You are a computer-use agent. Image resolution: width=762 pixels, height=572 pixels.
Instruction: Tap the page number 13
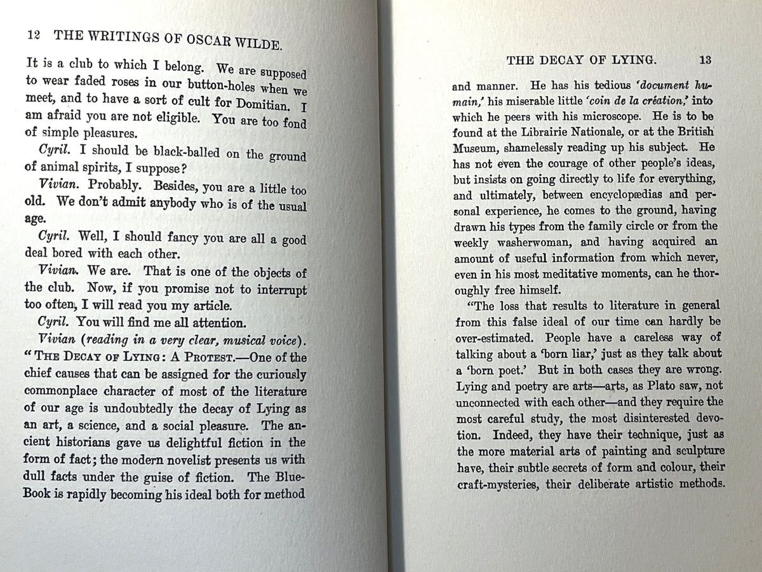click(704, 60)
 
